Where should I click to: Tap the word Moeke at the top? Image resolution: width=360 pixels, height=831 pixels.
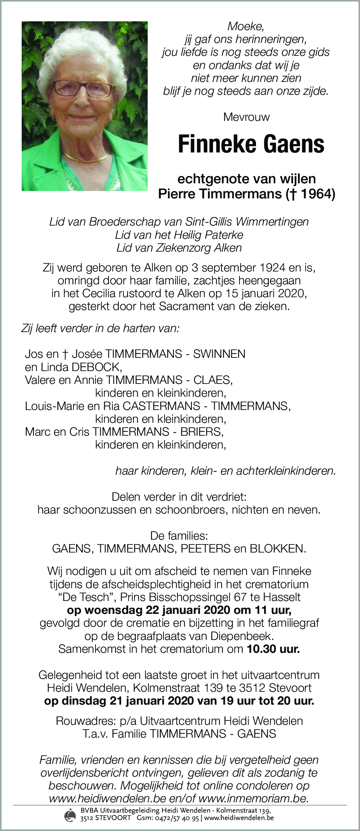tap(245, 26)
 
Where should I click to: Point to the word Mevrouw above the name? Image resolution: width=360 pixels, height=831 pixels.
tap(246, 117)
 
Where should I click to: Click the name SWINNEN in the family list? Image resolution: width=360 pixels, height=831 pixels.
tap(219, 354)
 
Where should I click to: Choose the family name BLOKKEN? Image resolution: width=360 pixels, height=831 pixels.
tap(277, 548)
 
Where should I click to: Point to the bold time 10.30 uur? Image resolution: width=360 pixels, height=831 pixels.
tap(273, 649)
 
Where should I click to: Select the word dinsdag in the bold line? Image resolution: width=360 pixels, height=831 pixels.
tap(84, 701)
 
